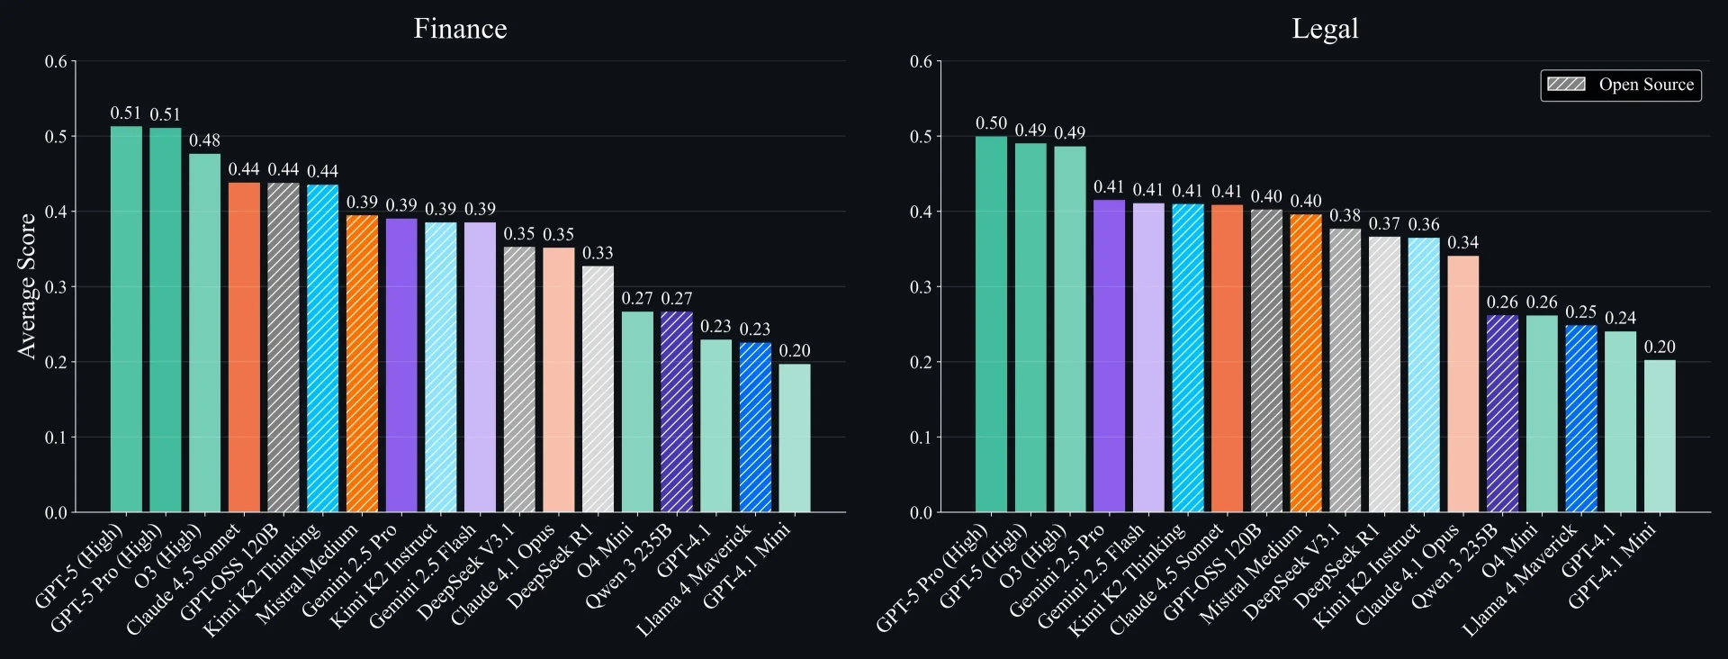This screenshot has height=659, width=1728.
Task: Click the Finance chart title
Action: pos(460,29)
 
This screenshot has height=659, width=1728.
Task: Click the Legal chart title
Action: pos(1325,29)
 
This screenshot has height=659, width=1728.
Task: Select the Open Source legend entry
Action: pos(1621,85)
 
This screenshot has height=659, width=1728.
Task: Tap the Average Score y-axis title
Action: pos(27,286)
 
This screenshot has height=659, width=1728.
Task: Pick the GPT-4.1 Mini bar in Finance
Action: pos(795,438)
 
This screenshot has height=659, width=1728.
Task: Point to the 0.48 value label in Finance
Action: pos(204,140)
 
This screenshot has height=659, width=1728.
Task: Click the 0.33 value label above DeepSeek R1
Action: pos(598,253)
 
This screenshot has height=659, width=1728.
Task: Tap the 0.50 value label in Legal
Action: pos(991,123)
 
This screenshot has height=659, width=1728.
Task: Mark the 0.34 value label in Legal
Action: pos(1462,243)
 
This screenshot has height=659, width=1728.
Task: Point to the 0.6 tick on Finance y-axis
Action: pos(56,61)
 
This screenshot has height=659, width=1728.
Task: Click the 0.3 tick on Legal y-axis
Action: pos(921,287)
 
